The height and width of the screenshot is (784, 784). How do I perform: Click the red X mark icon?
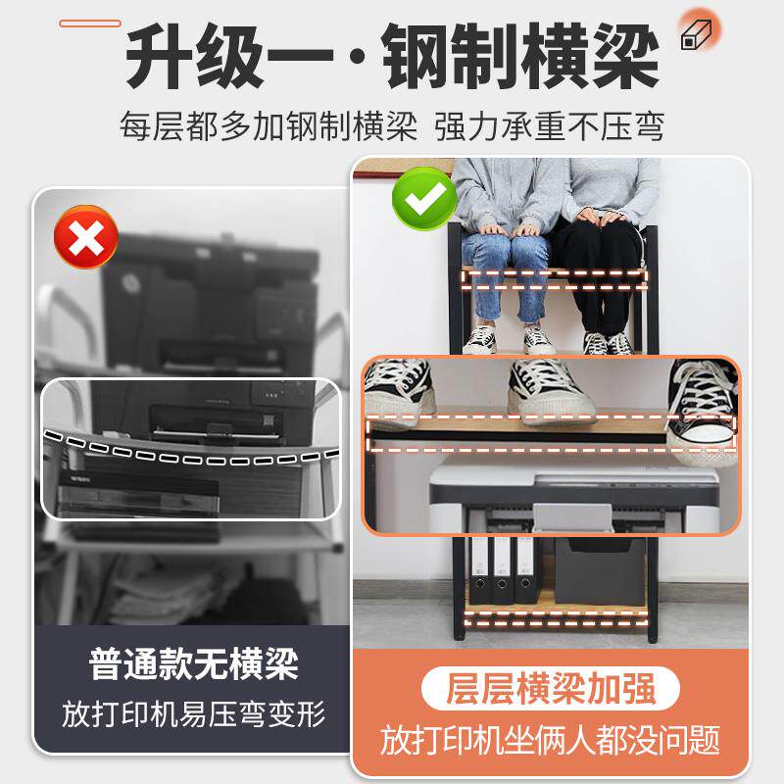coord(86,236)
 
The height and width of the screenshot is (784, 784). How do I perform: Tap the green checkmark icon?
coord(423,197)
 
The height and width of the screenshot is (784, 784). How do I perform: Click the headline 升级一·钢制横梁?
coord(392,57)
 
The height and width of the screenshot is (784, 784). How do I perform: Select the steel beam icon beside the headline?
coord(697,35)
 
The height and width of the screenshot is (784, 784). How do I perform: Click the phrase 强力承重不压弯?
coord(550,126)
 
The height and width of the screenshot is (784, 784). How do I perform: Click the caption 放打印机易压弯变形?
coord(193,712)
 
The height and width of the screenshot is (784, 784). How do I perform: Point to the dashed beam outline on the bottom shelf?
coord(556,618)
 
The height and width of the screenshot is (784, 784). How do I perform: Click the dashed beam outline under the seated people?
coord(556,279)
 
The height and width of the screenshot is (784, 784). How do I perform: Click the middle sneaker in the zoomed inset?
coord(549,390)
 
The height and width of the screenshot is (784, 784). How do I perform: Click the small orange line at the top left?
coord(90,23)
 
